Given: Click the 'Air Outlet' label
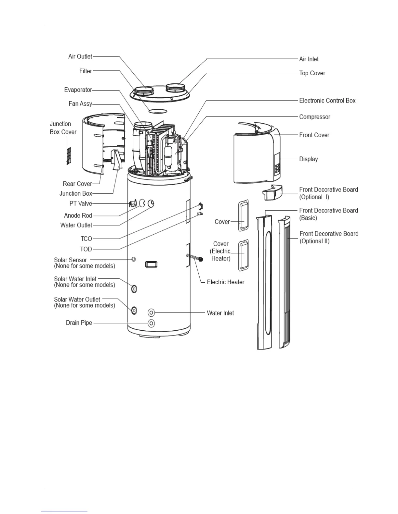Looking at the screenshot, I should pos(80,56).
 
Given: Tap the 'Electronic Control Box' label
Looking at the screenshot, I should pos(327,101).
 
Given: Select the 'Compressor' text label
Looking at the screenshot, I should pos(314,117).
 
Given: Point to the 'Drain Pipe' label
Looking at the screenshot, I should pos(79,323).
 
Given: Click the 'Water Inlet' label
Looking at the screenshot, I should pos(220,313).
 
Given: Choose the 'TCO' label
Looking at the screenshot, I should pos(86,239).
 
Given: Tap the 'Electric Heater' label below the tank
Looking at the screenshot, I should pos(225,282).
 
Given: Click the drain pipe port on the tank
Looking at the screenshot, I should pos(151,323).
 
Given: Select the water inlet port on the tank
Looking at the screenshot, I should pos(151,313).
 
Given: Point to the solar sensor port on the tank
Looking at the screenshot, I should pos(133,259).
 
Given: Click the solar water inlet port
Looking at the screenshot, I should pos(134,288).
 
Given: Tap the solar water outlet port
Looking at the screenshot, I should pos(134,310).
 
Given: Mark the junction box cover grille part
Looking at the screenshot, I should pos(69,156).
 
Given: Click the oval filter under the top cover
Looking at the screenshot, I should pos(158,111).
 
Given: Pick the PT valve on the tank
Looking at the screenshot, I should pos(133,204).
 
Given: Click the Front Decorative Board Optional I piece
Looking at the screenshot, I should pos(272,193).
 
